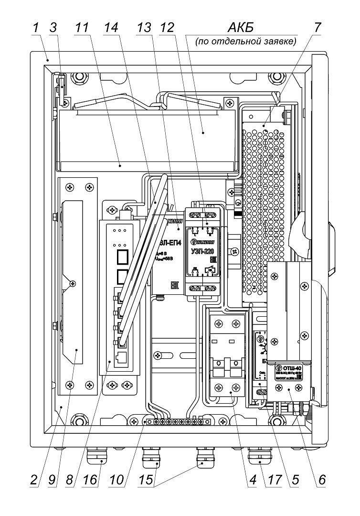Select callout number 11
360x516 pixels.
tap(82, 28)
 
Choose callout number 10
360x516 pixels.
tap(117, 480)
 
